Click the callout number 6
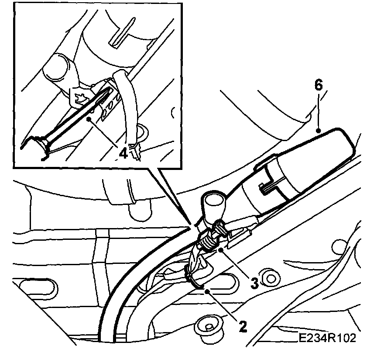point(318,85)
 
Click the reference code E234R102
point(327,338)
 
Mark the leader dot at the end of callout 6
point(319,130)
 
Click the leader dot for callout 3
point(222,250)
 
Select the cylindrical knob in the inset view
point(59,68)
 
